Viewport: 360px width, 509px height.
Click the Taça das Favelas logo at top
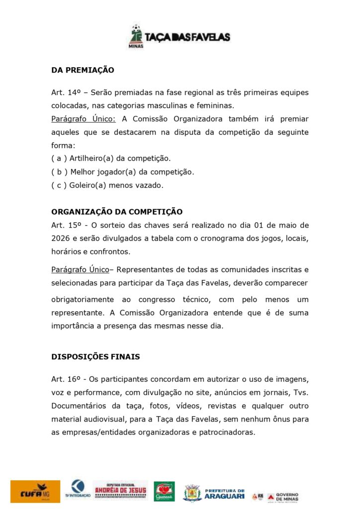[x=180, y=36]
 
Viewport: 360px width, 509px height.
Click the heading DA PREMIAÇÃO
[x=83, y=70]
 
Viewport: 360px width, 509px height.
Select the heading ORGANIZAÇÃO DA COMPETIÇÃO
[x=117, y=212]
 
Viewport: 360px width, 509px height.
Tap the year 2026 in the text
[x=60, y=238]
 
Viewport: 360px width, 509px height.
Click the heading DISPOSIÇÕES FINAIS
[x=95, y=357]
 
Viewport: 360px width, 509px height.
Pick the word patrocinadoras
[x=227, y=432]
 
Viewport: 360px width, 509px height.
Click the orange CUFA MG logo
[x=35, y=491]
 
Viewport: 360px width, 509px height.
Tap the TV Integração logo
[x=77, y=490]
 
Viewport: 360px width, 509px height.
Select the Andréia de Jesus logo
[x=120, y=490]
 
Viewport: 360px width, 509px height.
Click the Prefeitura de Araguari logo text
[x=225, y=493]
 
